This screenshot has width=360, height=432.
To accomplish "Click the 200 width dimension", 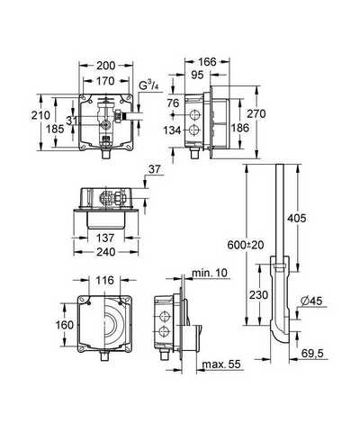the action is pos(105,66).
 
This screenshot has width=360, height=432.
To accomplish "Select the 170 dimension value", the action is pos(105,81).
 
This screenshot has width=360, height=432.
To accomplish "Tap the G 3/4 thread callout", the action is pos(148,86).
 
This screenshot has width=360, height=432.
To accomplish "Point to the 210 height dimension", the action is pos(40,115).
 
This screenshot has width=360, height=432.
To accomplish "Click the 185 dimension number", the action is pos(55,129).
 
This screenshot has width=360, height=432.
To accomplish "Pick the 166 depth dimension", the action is pos(207,62).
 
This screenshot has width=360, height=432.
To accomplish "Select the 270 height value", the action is pos(256,114).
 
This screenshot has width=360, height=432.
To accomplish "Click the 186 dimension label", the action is pos(240,128).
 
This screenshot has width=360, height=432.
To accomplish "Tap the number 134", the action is pos(172,130).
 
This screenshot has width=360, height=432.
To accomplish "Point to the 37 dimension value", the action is pos(155,170).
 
